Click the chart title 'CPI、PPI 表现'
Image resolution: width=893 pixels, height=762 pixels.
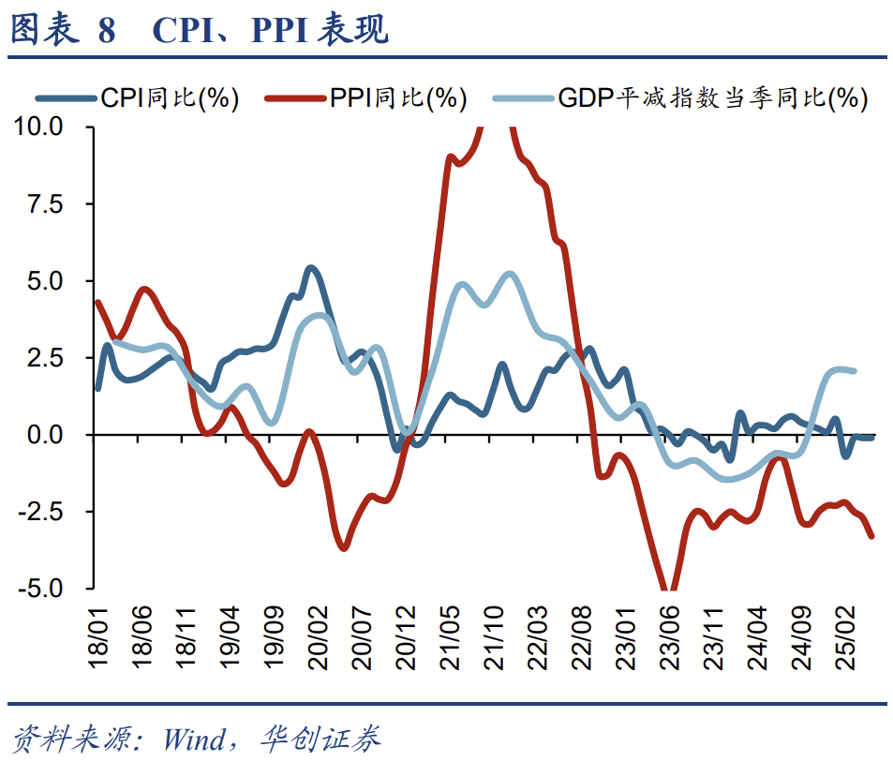point(270,30)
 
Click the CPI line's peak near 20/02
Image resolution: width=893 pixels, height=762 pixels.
point(311,268)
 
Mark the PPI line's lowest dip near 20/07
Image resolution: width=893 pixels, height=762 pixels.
point(344,548)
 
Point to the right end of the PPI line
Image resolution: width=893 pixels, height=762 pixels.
point(872,536)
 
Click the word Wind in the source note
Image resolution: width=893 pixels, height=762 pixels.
point(194,740)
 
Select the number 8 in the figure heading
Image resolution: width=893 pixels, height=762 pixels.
point(106,30)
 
